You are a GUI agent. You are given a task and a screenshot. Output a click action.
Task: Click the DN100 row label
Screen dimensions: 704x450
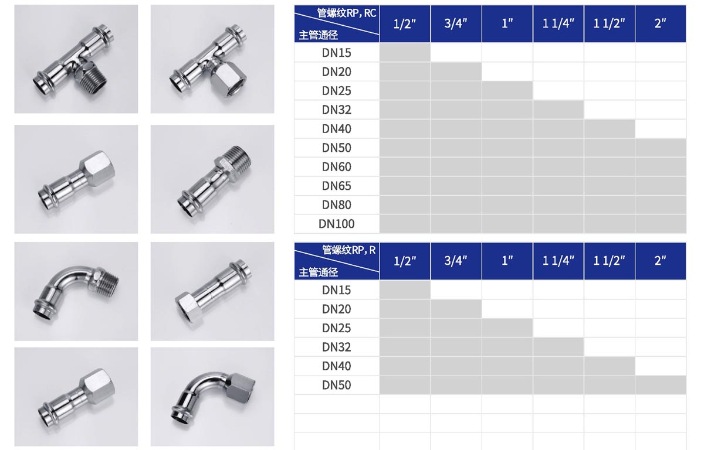pyautogui.click(x=336, y=224)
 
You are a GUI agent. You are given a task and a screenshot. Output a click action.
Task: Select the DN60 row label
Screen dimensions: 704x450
pyautogui.click(x=336, y=167)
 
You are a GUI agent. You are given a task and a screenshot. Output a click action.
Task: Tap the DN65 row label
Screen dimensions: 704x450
pyautogui.click(x=336, y=186)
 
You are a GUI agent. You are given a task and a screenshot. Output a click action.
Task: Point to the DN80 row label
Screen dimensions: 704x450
pyautogui.click(x=336, y=205)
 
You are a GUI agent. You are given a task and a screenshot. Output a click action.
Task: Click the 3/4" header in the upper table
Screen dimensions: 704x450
pyautogui.click(x=456, y=23)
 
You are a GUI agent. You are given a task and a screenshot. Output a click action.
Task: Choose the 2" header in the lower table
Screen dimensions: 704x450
pyautogui.click(x=661, y=261)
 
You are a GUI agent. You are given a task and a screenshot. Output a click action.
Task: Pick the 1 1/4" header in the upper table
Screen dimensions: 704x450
pyautogui.click(x=558, y=23)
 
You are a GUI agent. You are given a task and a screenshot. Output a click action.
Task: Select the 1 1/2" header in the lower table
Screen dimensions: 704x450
pyautogui.click(x=609, y=261)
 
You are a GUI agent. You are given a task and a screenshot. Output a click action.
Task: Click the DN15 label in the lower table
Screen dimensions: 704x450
pyautogui.click(x=336, y=290)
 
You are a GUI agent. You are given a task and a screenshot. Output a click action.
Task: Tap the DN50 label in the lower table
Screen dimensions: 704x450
pyautogui.click(x=336, y=386)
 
